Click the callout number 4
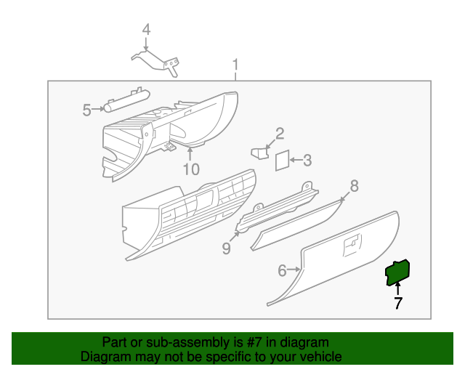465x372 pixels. click(x=146, y=30)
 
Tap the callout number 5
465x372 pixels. click(x=86, y=110)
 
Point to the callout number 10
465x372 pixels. click(x=190, y=169)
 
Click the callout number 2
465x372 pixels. click(x=279, y=133)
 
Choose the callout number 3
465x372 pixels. click(x=307, y=160)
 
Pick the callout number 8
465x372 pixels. click(x=354, y=186)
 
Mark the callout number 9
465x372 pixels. click(x=226, y=248)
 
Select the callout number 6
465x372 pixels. click(x=283, y=271)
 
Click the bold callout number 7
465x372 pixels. click(x=397, y=304)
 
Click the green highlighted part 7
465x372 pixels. click(x=397, y=274)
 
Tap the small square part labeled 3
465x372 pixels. click(x=281, y=161)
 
